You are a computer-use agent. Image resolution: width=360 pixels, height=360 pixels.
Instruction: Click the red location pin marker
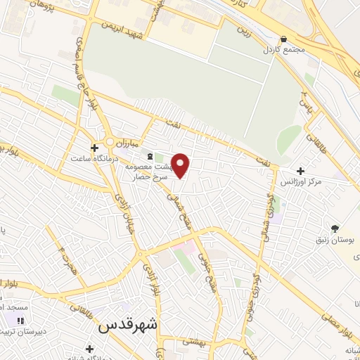[x=181, y=165]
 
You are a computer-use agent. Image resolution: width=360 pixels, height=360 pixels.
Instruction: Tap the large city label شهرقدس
[x=129, y=325]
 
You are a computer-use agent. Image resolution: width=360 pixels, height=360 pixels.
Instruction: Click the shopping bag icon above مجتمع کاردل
[x=283, y=39]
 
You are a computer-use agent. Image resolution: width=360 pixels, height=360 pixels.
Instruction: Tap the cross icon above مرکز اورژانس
[x=301, y=171]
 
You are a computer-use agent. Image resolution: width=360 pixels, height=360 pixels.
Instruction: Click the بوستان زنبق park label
[x=335, y=240]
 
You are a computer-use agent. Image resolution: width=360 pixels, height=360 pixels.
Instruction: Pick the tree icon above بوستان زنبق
[x=335, y=229]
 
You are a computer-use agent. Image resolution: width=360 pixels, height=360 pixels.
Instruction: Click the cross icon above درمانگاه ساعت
[x=94, y=147]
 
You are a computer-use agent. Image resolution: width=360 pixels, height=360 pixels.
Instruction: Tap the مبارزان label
[x=130, y=143]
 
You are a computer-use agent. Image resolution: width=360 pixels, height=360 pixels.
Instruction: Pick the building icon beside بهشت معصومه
[x=148, y=155]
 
